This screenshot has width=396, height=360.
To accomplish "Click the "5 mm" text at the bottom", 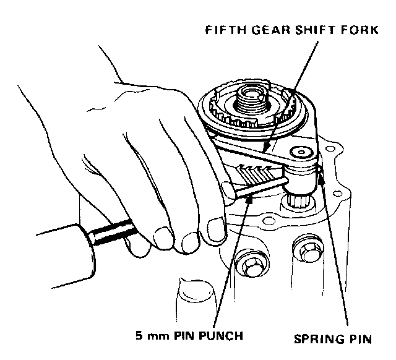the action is [153, 337].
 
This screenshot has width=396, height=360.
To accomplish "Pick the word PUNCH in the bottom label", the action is [222, 337].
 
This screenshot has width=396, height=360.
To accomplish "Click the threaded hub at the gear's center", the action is [251, 100].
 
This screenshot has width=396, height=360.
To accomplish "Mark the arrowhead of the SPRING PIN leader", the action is [319, 169].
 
